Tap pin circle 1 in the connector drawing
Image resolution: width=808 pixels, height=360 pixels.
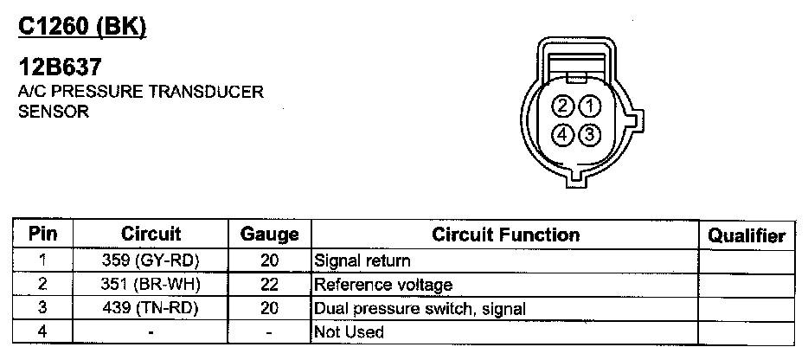click(589, 107)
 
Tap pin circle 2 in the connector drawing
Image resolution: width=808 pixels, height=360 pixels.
click(563, 107)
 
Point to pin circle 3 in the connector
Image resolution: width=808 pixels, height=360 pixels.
click(589, 135)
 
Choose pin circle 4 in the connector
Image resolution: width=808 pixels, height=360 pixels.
click(563, 135)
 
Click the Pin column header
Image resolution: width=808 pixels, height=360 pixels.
click(42, 235)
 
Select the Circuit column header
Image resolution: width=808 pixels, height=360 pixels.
click(151, 235)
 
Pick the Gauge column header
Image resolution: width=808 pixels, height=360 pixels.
click(269, 235)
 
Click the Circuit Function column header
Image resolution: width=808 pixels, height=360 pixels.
click(506, 235)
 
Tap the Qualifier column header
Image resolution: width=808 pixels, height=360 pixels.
click(747, 235)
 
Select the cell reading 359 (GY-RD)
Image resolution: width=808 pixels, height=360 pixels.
click(151, 260)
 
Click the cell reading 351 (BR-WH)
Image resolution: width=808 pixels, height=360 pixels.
click(151, 284)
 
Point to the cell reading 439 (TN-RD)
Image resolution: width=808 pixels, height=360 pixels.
click(151, 308)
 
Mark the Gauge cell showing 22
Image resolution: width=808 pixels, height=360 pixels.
click(269, 284)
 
